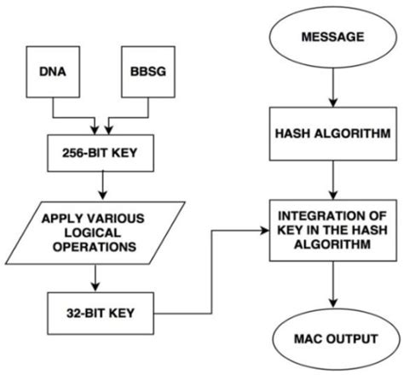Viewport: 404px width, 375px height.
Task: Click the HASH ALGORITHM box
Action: (x=328, y=135)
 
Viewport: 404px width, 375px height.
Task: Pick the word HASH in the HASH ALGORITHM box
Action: (x=291, y=135)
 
